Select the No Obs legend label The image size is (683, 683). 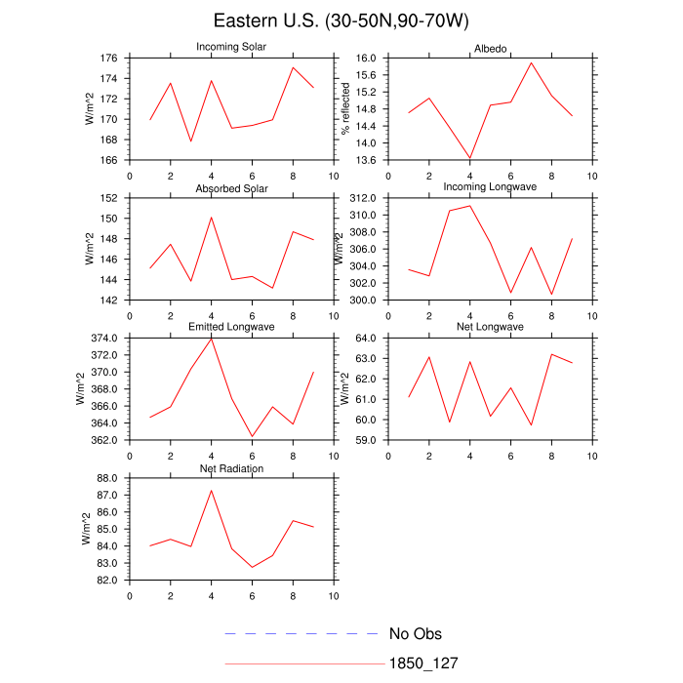point(415,634)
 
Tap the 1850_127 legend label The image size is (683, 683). point(423,663)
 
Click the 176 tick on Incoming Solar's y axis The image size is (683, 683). point(109,58)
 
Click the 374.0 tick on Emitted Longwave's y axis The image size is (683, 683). point(105,339)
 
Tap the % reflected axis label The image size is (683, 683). point(343,108)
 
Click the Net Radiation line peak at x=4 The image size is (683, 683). point(212,490)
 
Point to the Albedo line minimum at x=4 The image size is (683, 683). point(469,158)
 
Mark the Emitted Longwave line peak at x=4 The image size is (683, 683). point(212,338)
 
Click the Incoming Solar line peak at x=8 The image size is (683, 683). point(293,67)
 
